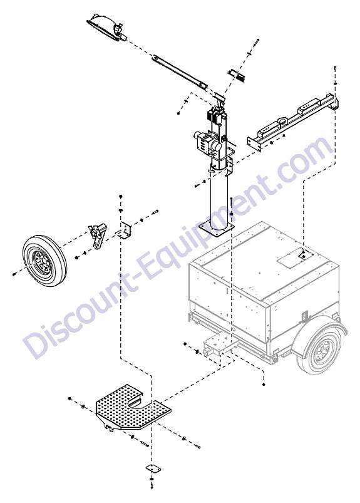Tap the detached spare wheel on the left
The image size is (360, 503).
[44, 259]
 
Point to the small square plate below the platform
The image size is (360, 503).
[152, 468]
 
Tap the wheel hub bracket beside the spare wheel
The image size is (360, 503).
[97, 235]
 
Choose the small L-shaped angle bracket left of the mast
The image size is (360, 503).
[125, 231]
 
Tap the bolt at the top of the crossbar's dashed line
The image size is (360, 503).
[335, 68]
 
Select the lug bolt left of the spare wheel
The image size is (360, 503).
[14, 274]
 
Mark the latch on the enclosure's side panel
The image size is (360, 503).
[304, 316]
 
